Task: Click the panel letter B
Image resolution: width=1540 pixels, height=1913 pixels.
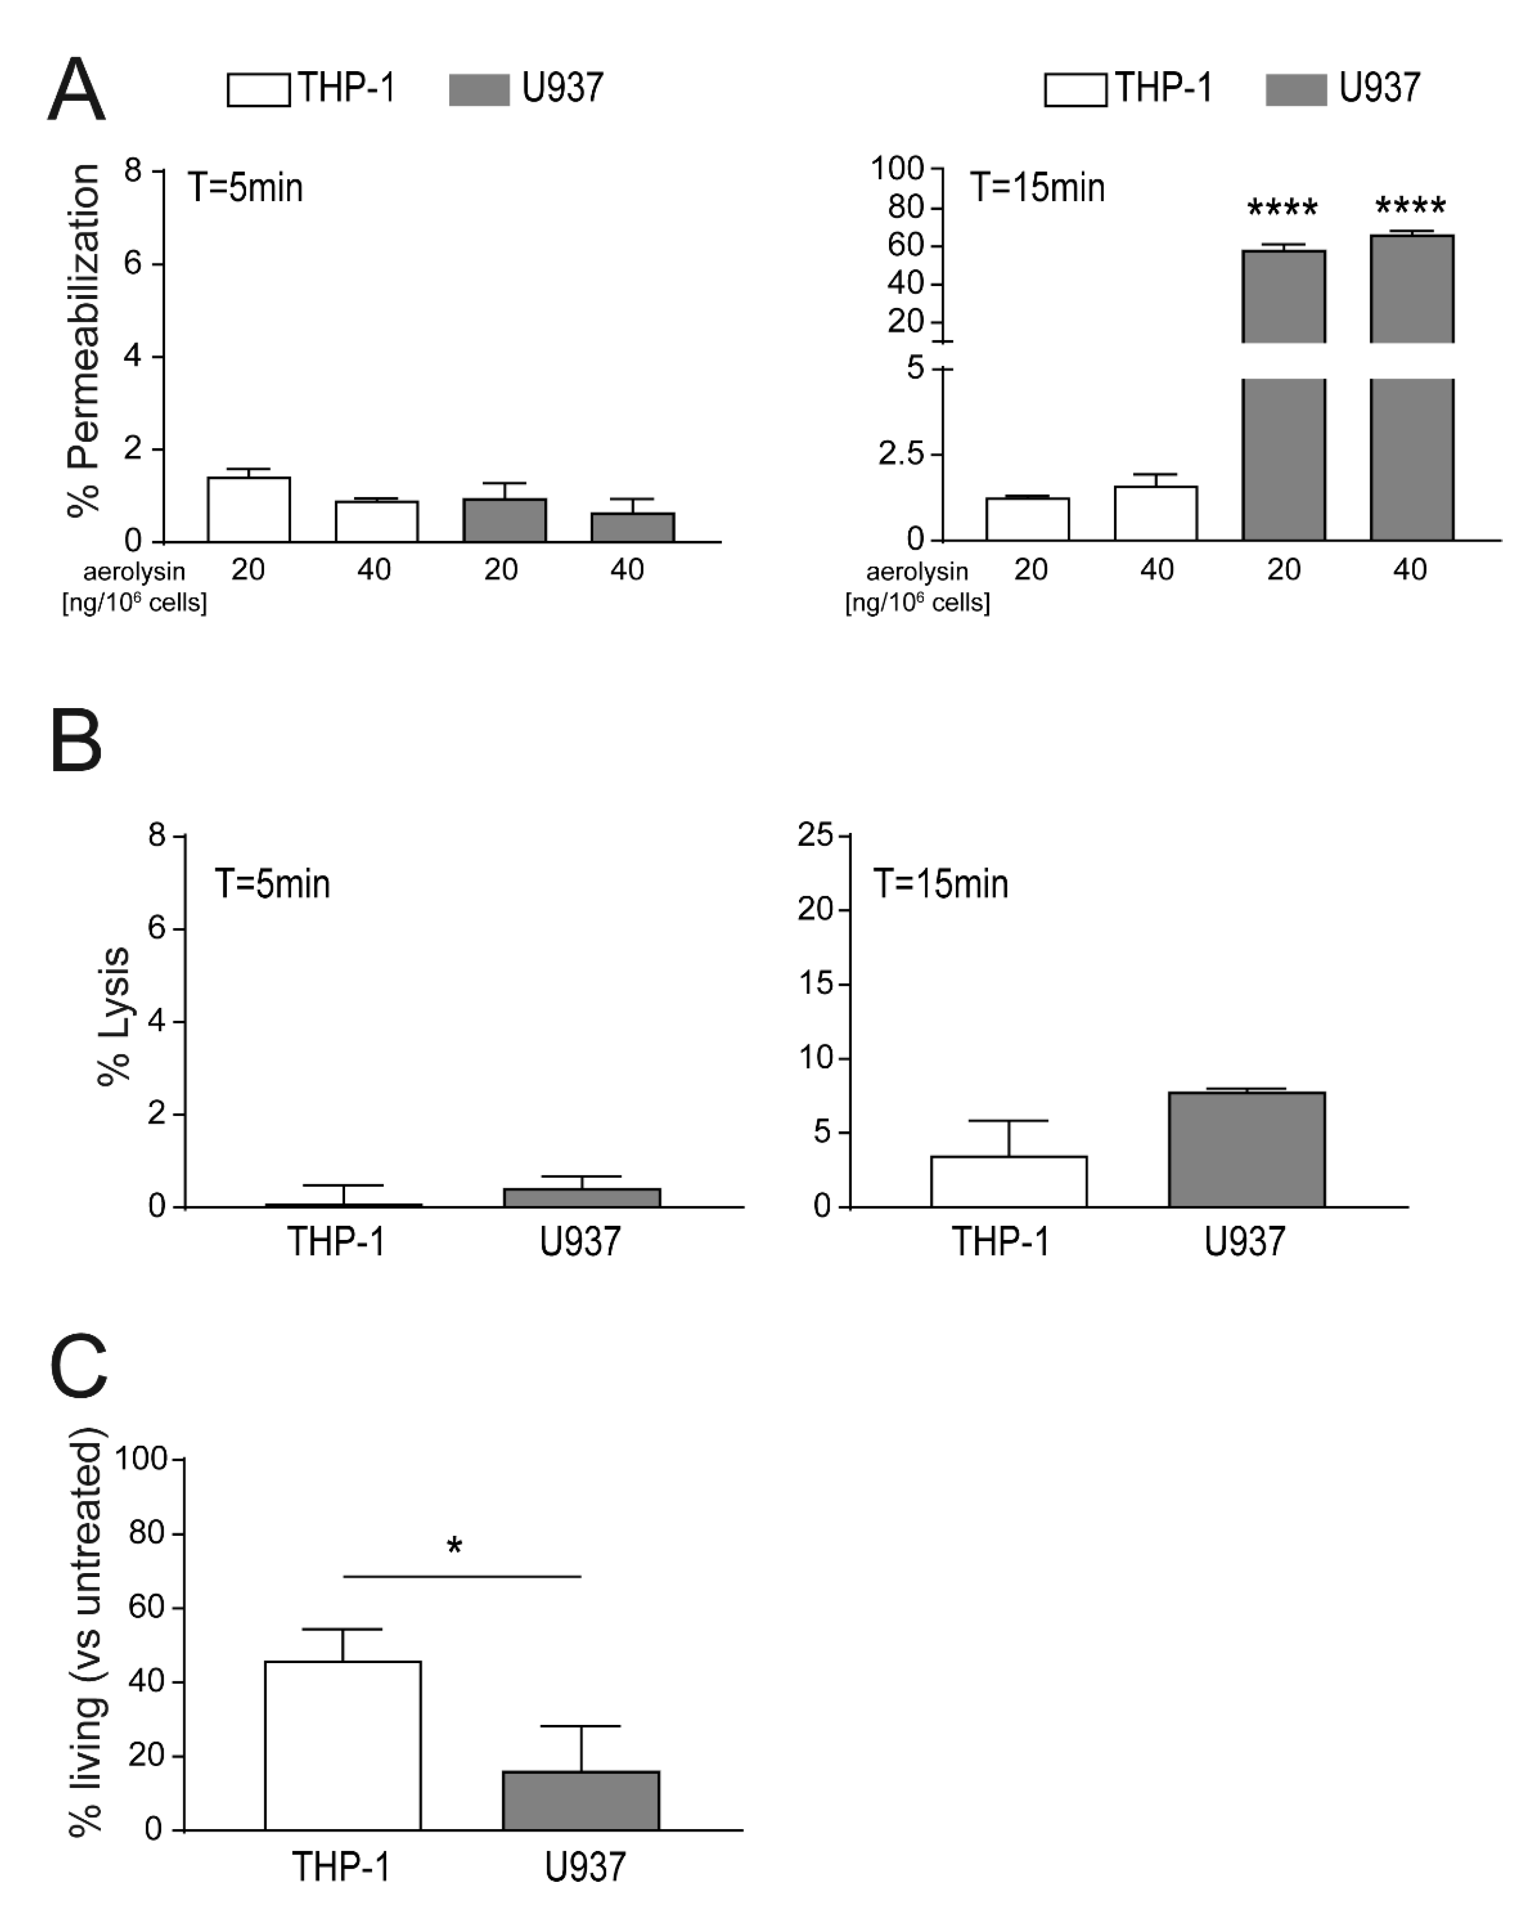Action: tap(76, 740)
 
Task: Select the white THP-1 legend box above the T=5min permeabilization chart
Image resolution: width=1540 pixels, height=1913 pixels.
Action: tap(258, 90)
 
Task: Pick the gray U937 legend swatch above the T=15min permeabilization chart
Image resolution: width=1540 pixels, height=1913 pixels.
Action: tap(1296, 90)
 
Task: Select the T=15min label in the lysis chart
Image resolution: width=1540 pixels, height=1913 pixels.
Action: tap(940, 885)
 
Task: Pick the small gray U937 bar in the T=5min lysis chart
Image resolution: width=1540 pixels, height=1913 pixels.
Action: tap(582, 1198)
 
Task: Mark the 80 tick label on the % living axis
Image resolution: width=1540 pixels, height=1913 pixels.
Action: tap(147, 1533)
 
